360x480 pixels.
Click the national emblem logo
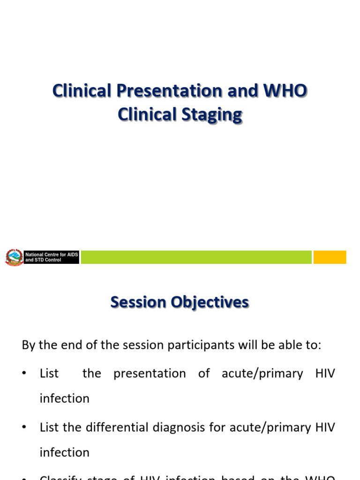[14, 257]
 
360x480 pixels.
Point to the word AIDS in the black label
[72, 255]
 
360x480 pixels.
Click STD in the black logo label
[40, 260]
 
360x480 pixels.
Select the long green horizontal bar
[196, 257]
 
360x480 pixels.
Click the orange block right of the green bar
[330, 257]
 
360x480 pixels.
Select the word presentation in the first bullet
[150, 374]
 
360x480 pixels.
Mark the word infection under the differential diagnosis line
[64, 452]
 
